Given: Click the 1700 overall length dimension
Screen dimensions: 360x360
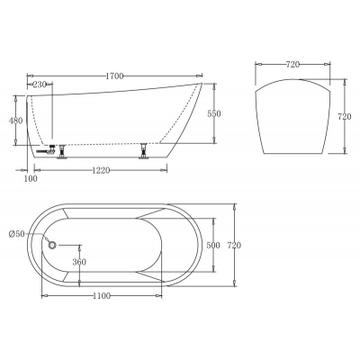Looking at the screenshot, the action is pyautogui.click(x=114, y=76).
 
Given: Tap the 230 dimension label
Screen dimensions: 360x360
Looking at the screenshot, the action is pyautogui.click(x=40, y=85).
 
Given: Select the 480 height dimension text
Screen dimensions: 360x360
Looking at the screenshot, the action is pyautogui.click(x=15, y=121).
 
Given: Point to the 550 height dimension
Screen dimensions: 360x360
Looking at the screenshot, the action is pyautogui.click(x=214, y=114).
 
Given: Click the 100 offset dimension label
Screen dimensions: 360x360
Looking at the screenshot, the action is pyautogui.click(x=31, y=178).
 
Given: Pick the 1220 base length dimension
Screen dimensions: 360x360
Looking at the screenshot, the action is pyautogui.click(x=101, y=171).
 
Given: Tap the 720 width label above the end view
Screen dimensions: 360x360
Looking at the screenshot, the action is pyautogui.click(x=292, y=64).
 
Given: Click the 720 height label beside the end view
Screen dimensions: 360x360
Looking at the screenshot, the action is pyautogui.click(x=345, y=117).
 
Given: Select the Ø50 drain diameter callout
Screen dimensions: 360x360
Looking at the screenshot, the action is pyautogui.click(x=17, y=234).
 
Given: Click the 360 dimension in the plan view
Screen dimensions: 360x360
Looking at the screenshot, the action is pyautogui.click(x=79, y=262).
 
